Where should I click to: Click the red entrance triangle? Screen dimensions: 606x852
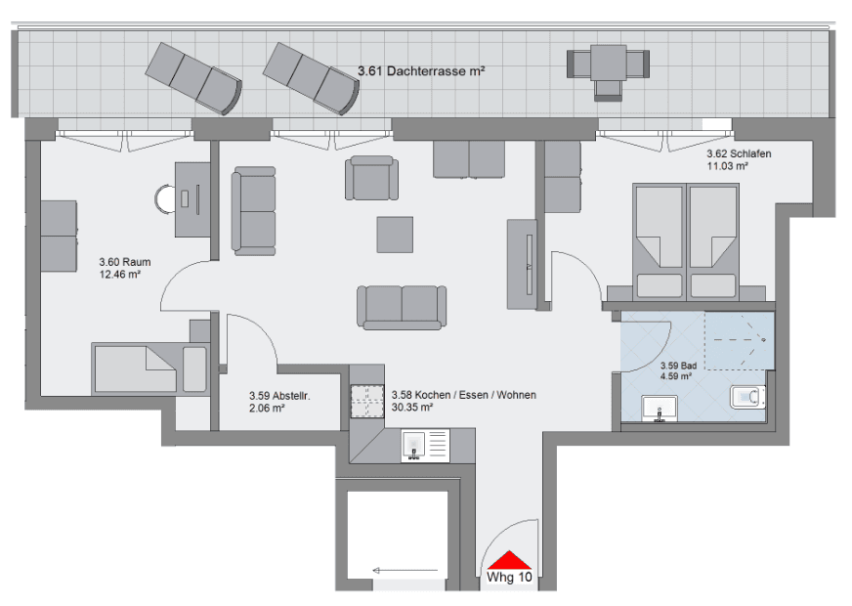click(x=509, y=560)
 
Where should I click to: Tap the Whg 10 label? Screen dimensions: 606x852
click(x=510, y=578)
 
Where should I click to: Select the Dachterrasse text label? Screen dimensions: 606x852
click(x=420, y=71)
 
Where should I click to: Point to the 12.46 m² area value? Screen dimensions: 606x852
click(x=120, y=276)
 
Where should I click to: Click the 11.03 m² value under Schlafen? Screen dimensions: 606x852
click(x=727, y=167)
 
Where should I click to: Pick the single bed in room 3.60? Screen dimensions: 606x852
click(x=149, y=368)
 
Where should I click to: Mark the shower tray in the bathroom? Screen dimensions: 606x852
click(x=739, y=340)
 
